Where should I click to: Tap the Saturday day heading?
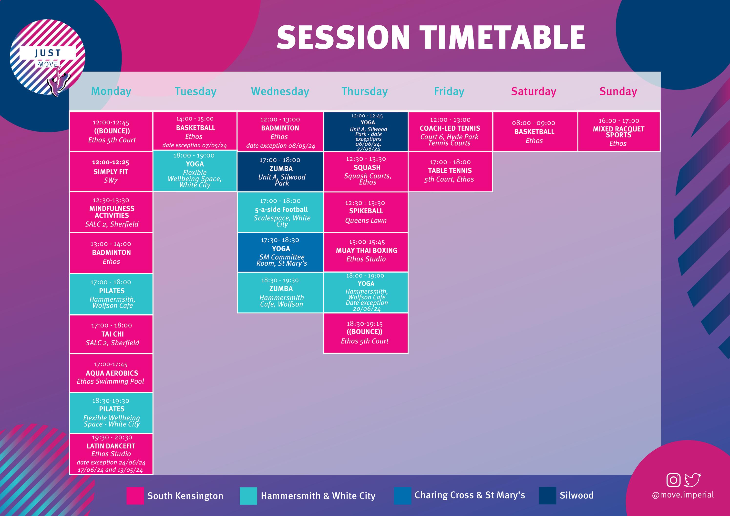click(534, 91)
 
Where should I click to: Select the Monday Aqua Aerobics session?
click(111, 373)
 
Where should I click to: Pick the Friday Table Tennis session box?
click(450, 172)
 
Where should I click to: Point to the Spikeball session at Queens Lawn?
click(366, 212)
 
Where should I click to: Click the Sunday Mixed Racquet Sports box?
click(618, 131)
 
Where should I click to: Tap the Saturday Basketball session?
click(535, 131)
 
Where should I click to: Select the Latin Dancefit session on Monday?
click(111, 454)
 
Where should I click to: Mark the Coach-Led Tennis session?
click(450, 131)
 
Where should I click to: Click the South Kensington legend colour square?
click(135, 496)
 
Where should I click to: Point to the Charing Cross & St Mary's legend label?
click(470, 495)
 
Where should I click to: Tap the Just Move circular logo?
click(48, 57)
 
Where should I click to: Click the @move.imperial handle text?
click(683, 495)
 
